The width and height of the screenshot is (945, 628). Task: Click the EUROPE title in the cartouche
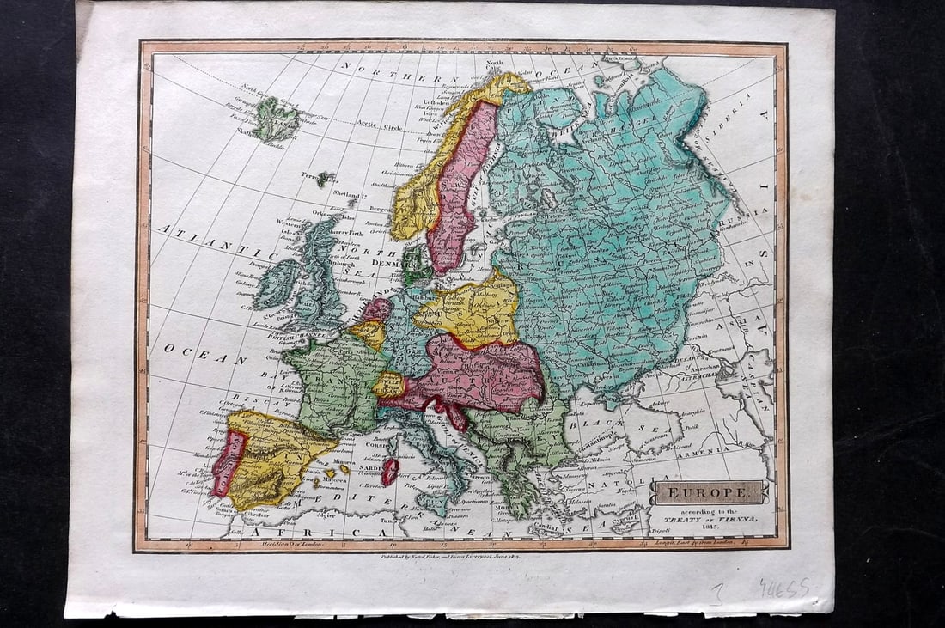click(707, 492)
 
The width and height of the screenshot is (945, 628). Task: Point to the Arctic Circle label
click(380, 127)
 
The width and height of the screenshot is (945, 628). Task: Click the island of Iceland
click(274, 119)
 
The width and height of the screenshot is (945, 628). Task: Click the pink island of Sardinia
click(390, 471)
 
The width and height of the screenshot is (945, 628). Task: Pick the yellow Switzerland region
click(387, 384)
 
